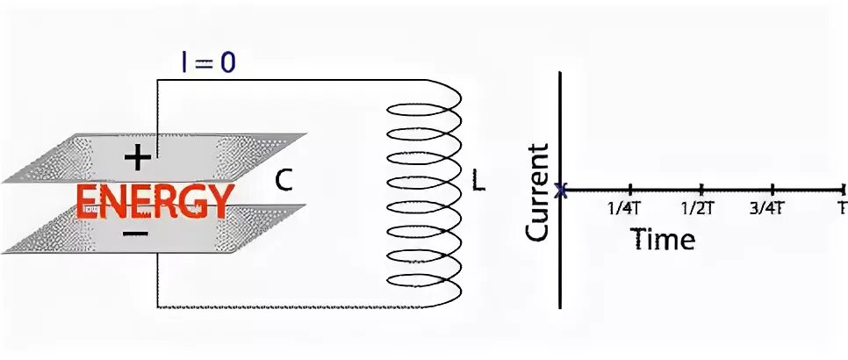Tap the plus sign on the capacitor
point(138,157)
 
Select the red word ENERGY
point(155,202)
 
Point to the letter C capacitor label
point(284,181)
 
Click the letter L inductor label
point(478,182)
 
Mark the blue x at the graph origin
point(563,189)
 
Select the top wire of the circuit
point(290,80)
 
